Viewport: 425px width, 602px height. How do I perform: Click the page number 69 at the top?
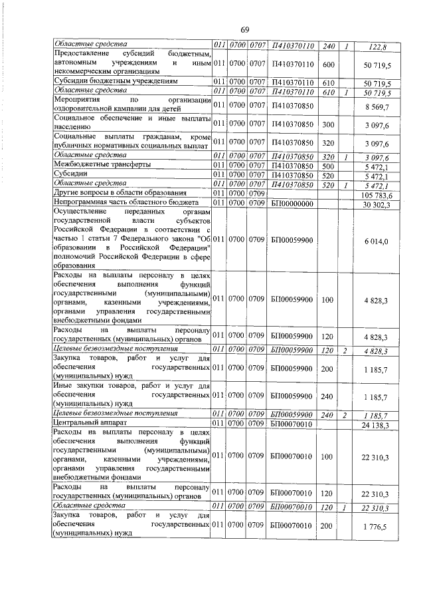point(244,30)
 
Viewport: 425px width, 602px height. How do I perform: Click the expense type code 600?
point(327,64)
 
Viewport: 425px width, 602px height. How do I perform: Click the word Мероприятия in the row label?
point(76,100)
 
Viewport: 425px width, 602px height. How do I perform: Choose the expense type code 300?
point(327,124)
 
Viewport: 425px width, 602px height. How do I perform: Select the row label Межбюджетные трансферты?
point(101,164)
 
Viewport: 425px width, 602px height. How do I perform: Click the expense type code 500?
point(327,164)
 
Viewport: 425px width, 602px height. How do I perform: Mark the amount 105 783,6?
point(375,195)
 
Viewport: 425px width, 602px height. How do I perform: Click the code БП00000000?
point(292,203)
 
